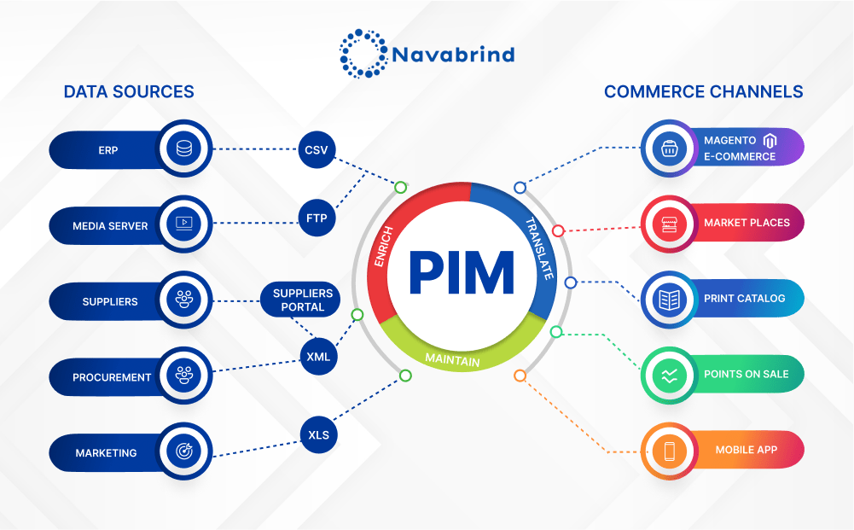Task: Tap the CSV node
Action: (317, 150)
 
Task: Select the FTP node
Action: (317, 217)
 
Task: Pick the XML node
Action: (317, 356)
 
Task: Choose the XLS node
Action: (318, 435)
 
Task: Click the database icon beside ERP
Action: (183, 149)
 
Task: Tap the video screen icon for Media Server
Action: (183, 224)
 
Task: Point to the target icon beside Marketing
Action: (183, 452)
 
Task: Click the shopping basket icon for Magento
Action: (669, 149)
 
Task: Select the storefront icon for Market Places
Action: (669, 224)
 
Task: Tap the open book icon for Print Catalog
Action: (669, 300)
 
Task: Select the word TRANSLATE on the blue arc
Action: (538, 248)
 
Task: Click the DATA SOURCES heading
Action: (129, 91)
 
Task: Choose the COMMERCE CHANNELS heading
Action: (703, 91)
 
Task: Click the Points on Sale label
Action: (746, 374)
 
